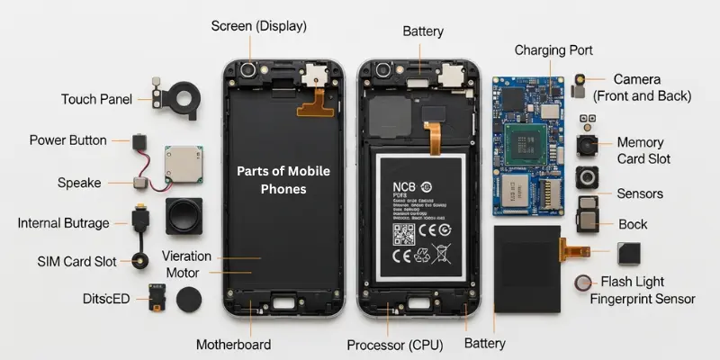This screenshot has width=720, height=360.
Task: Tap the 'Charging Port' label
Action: pyautogui.click(x=553, y=50)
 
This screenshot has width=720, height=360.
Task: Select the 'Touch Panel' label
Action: pyautogui.click(x=96, y=99)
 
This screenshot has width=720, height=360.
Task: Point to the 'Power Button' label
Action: pyautogui.click(x=68, y=140)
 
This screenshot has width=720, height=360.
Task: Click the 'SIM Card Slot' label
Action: pyautogui.click(x=77, y=261)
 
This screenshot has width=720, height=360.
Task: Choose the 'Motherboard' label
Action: pyautogui.click(x=234, y=344)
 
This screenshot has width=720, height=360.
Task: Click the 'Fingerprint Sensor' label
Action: pyautogui.click(x=643, y=299)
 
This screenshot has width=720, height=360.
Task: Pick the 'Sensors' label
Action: pyautogui.click(x=640, y=193)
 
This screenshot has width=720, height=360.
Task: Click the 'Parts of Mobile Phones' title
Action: pyautogui.click(x=284, y=180)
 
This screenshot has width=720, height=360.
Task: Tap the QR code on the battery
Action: pyautogui.click(x=405, y=236)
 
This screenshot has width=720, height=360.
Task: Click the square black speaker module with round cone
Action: pyautogui.click(x=184, y=217)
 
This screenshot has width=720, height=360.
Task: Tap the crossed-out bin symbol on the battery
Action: pyautogui.click(x=443, y=254)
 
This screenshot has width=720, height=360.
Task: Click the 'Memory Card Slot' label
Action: pyautogui.click(x=641, y=150)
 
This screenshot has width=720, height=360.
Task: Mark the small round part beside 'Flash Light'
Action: pyautogui.click(x=584, y=283)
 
